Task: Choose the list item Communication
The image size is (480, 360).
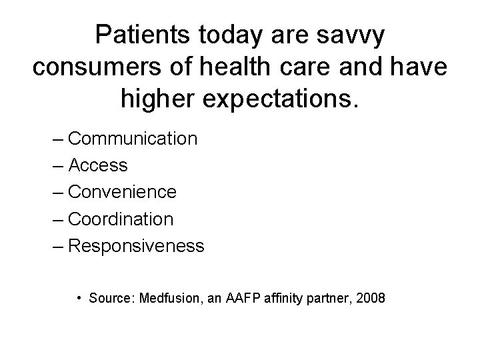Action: coord(133,139)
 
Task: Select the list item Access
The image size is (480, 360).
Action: coord(98,165)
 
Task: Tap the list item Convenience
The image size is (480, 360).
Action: coord(122,192)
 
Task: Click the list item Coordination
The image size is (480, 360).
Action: coord(121,219)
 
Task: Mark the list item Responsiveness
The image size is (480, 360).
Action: coord(136,246)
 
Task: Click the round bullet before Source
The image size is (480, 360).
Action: coord(79,298)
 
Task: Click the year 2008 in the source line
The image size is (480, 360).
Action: coord(371,298)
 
